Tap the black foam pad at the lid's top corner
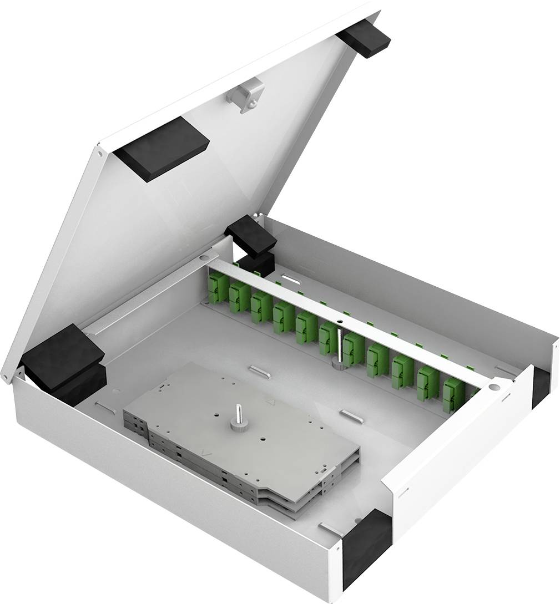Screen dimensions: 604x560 (x=364, y=38)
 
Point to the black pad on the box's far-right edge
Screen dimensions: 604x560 (x=540, y=386)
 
